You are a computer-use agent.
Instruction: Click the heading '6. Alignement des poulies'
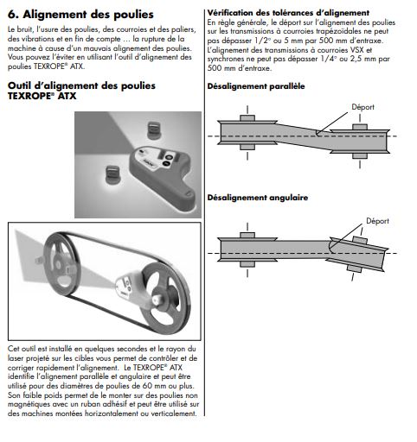80,14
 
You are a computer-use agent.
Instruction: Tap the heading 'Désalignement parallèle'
256,86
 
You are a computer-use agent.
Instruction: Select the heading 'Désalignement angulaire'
258,198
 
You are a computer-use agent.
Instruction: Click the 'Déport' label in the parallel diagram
362,107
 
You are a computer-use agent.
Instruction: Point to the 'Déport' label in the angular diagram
377,221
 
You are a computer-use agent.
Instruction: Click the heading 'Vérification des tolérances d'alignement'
288,13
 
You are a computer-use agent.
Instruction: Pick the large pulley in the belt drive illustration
165,299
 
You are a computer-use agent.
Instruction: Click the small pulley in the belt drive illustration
61,265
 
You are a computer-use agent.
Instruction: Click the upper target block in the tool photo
154,130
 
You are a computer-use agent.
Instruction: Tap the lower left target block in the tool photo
112,174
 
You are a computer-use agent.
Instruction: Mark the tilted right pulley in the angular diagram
357,254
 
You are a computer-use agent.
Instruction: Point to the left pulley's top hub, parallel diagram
247,118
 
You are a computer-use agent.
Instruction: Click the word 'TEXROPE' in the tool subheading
29,96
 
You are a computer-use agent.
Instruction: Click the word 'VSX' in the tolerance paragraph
357,50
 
